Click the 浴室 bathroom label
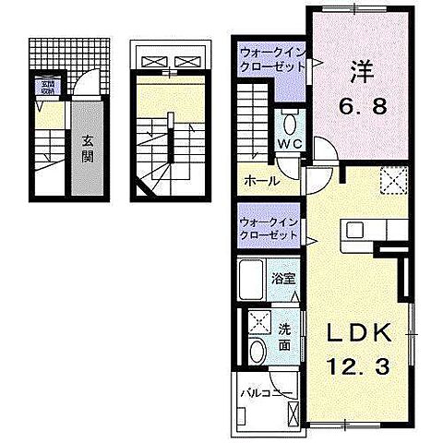tap(282, 277)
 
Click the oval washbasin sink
tap(257, 352)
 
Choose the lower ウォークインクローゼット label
tap(269, 228)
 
